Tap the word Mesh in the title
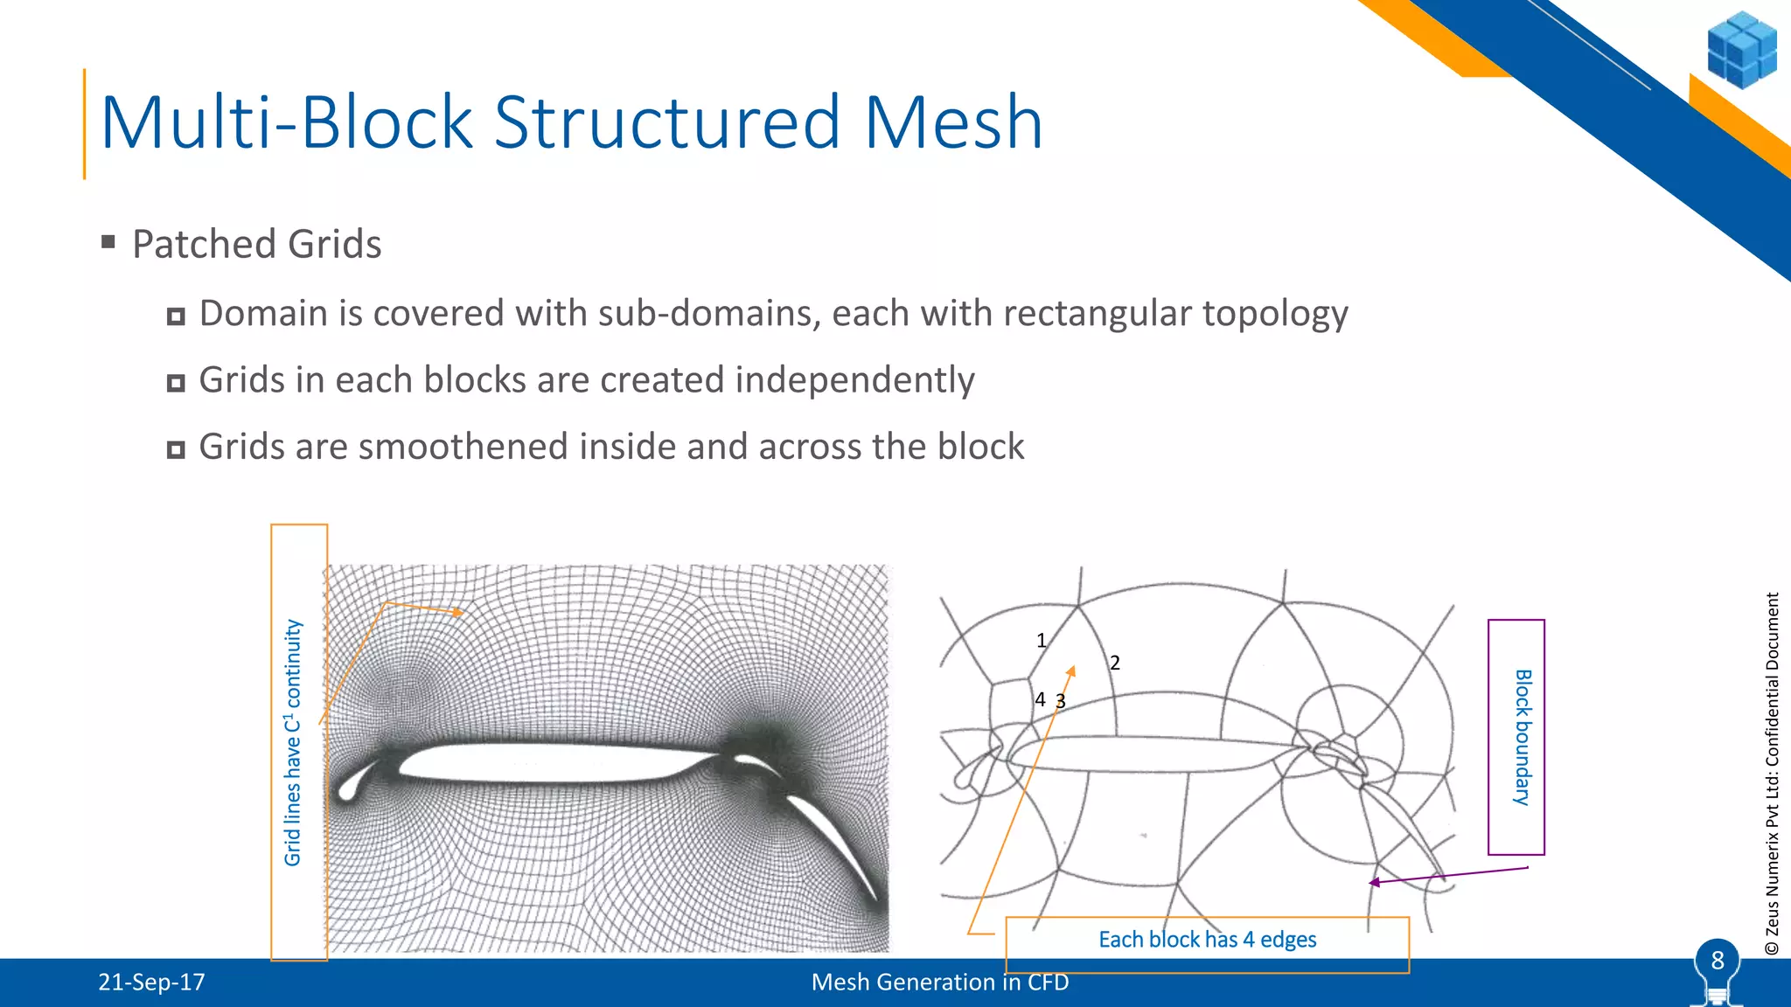point(953,123)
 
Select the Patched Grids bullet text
point(256,244)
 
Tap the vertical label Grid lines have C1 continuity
point(294,742)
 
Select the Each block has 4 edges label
point(1207,940)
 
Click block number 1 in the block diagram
point(1041,641)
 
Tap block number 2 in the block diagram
point(1115,663)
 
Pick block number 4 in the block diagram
point(1040,699)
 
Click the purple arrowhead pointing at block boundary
point(1374,883)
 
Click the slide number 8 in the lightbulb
point(1717,961)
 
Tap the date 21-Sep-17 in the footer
point(151,983)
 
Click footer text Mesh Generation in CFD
point(940,983)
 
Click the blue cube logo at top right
point(1741,50)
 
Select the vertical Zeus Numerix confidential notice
point(1772,774)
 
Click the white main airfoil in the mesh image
point(542,762)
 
